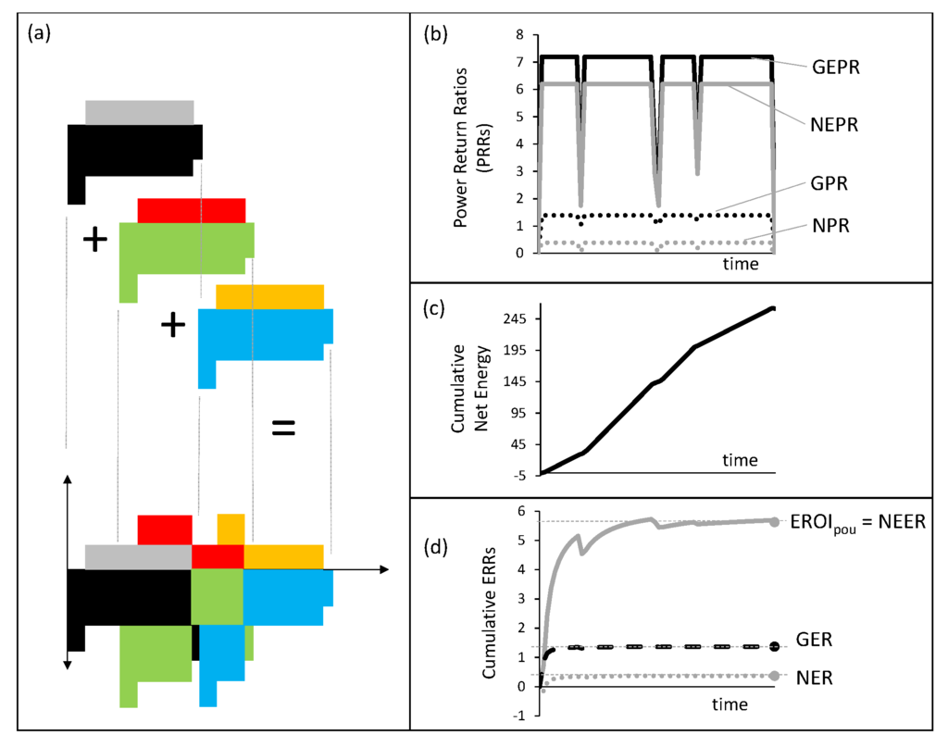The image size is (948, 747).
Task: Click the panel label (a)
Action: point(41,34)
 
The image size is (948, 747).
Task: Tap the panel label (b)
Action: point(436,34)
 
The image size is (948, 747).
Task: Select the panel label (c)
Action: point(436,308)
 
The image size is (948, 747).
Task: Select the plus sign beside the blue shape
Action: point(172,325)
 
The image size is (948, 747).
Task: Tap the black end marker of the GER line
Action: point(774,646)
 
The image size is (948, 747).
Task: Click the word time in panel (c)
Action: point(740,460)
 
